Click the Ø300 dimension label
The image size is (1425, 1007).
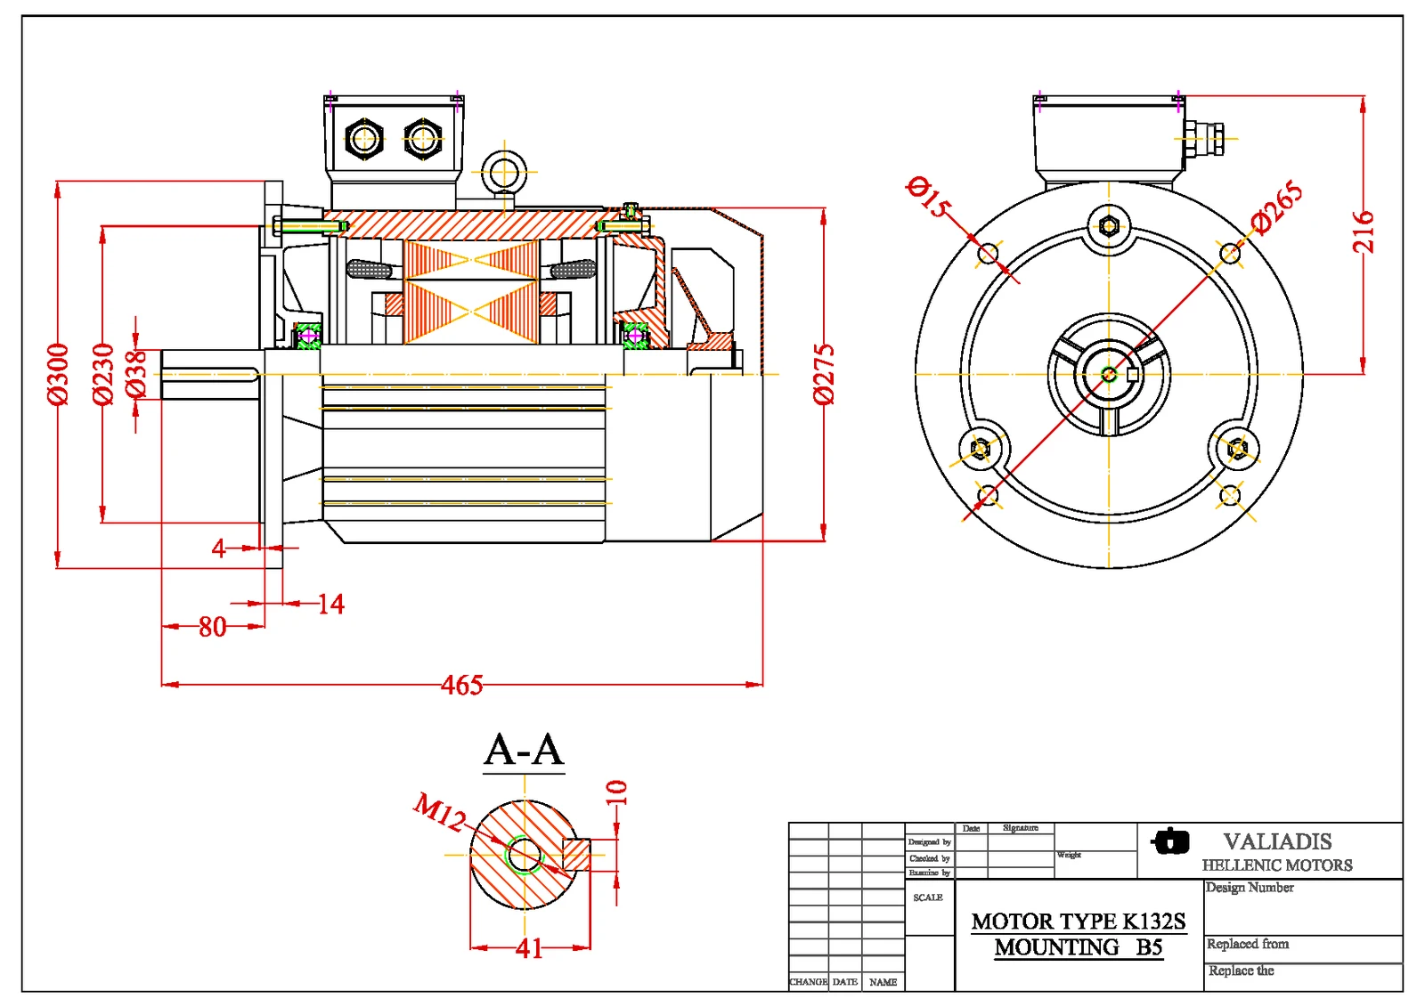pos(57,374)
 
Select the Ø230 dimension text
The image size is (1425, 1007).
pos(103,374)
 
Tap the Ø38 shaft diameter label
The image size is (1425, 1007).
pos(135,374)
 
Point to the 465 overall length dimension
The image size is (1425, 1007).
pos(462,685)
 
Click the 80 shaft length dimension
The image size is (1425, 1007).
pos(212,627)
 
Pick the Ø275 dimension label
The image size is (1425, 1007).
pos(825,374)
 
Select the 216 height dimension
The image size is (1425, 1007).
pos(1364,231)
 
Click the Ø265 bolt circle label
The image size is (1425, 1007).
pos(1276,207)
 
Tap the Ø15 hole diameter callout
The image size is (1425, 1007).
pos(928,197)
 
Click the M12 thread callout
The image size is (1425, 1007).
pos(439,811)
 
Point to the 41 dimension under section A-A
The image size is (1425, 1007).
pos(529,948)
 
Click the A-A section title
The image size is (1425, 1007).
pos(524,750)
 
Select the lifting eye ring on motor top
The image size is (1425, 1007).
pos(504,171)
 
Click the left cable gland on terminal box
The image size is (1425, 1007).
pos(364,138)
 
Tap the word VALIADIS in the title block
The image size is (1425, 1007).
pos(1277,841)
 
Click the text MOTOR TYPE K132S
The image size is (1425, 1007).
pos(1079,922)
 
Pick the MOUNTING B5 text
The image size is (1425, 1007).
pos(1079,947)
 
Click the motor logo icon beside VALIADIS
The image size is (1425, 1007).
pos(1170,841)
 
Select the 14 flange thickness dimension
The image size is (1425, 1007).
pos(330,605)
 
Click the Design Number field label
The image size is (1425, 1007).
pos(1250,888)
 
